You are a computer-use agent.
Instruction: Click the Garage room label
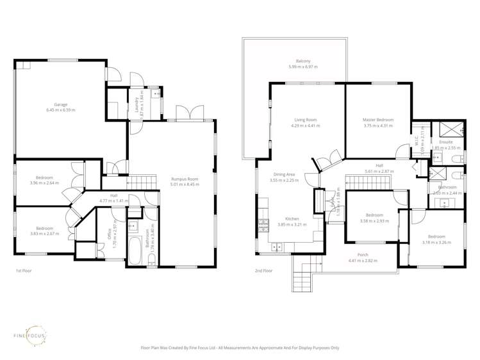pos(60,104)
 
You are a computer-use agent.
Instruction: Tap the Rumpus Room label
pos(185,179)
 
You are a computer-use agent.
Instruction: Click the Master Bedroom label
pos(377,120)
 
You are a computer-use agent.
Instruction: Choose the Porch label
pos(363,255)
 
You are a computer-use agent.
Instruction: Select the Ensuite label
pos(446,142)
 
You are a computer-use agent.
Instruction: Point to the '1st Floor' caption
pos(24,271)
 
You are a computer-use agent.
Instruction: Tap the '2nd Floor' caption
pos(263,271)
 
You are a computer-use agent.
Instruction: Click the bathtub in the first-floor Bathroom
pos(135,250)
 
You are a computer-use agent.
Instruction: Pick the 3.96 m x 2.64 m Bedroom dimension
pos(45,183)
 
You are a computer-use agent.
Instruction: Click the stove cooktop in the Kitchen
pos(262,224)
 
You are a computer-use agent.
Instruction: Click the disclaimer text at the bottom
pos(240,348)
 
